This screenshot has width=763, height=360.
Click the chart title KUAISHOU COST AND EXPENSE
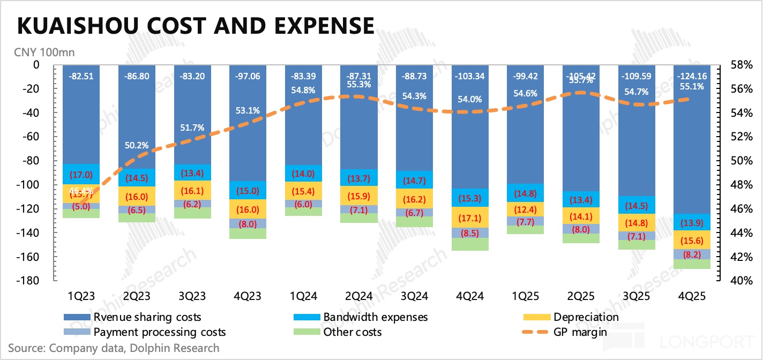tap(196, 26)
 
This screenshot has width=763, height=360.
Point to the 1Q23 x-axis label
tap(82, 296)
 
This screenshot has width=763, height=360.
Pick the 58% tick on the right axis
tap(740, 65)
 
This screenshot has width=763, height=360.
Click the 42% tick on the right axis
tap(740, 257)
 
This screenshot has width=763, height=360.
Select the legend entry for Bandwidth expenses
tap(375, 317)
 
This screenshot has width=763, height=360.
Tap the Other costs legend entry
tap(352, 332)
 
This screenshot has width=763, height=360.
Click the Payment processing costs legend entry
tap(159, 332)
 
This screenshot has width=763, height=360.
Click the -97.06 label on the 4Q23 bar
tap(248, 76)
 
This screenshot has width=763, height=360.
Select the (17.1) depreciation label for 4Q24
tap(470, 218)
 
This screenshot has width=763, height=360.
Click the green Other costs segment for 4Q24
tap(470, 244)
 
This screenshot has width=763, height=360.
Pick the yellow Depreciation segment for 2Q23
tap(137, 196)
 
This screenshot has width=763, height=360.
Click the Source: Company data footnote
tap(114, 348)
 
